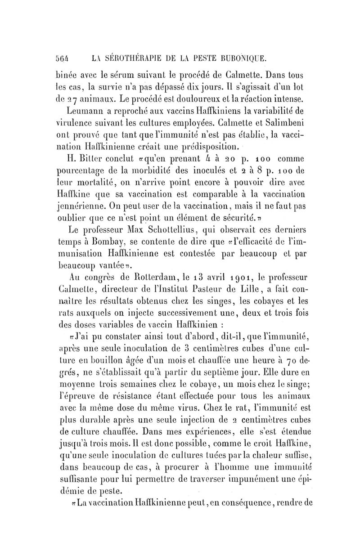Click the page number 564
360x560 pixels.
click(x=75, y=57)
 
